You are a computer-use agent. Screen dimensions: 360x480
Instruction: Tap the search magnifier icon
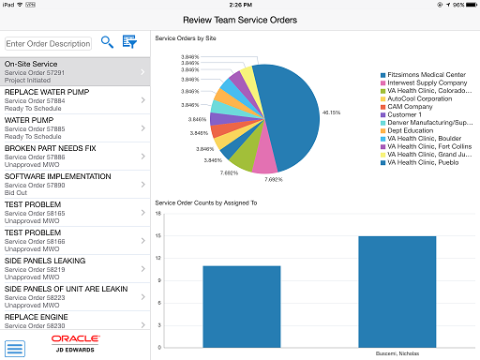(x=108, y=42)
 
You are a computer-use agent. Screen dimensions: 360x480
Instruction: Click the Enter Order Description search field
(x=48, y=43)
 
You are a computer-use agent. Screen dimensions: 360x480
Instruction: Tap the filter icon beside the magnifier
(x=130, y=42)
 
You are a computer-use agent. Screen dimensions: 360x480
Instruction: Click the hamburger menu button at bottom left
(x=15, y=349)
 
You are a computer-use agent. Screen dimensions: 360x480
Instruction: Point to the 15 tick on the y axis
(x=159, y=236)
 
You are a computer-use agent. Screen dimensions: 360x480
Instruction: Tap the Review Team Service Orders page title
(x=240, y=19)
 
